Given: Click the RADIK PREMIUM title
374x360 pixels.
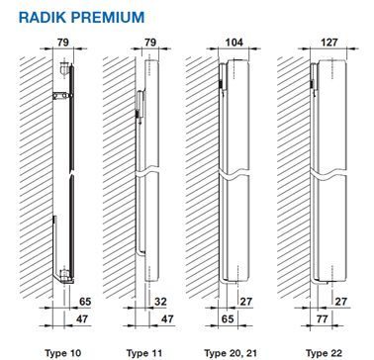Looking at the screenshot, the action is tap(81, 17).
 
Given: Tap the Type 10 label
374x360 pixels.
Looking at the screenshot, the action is tap(63, 353).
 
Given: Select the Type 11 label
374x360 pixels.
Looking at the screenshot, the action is tap(144, 353).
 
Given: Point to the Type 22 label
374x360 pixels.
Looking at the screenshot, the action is tap(325, 353).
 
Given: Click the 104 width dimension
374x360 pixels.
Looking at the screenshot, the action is tap(234, 43).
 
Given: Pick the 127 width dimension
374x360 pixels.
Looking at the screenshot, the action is tap(328, 43).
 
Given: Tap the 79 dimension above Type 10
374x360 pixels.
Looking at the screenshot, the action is tap(63, 43).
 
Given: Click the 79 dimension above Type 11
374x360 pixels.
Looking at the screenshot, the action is tap(150, 43).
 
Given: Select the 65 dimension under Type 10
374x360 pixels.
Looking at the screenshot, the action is tap(84, 302).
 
